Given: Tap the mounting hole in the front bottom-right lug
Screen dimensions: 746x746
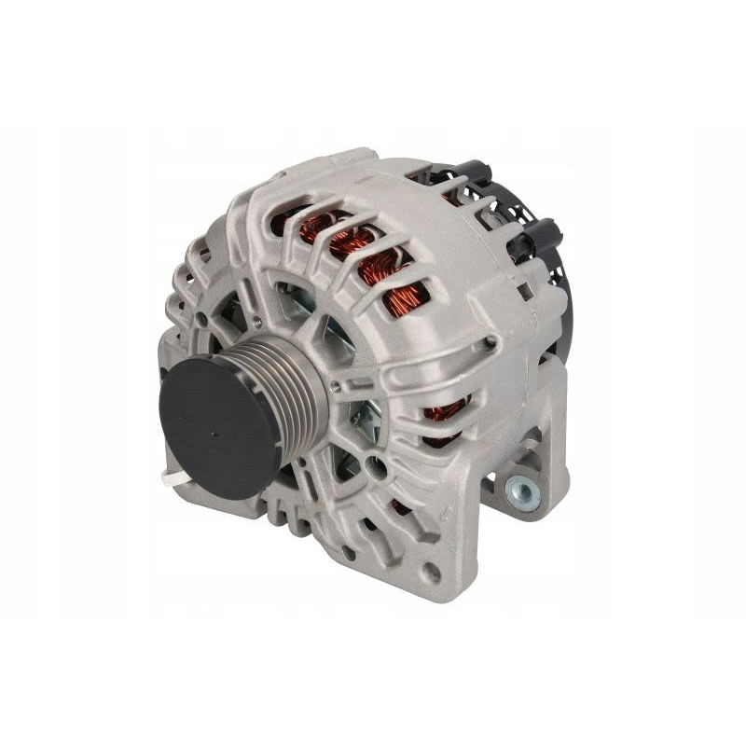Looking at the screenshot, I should coord(432,571).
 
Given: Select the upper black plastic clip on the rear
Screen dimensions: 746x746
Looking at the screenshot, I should coord(473,174).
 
